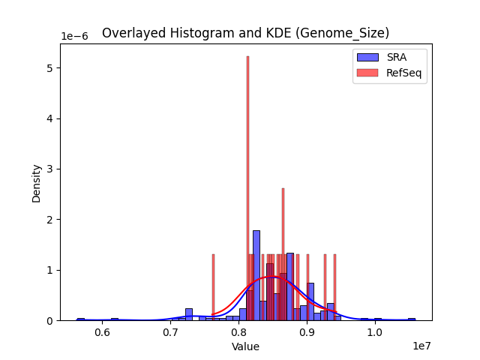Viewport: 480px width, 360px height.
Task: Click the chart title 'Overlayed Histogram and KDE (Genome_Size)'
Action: click(x=245, y=33)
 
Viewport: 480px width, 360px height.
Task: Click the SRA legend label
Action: click(x=396, y=57)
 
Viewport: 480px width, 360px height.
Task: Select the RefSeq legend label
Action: click(x=403, y=72)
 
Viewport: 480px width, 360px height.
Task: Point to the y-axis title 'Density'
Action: click(x=36, y=182)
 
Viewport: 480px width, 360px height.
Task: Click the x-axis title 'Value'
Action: click(x=245, y=346)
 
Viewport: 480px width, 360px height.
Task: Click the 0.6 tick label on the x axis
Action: click(x=103, y=331)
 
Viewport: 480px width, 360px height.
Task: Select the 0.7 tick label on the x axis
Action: click(x=170, y=331)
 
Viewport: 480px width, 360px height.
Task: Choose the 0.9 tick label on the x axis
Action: click(x=307, y=331)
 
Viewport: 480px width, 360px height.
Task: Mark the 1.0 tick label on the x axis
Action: click(x=375, y=331)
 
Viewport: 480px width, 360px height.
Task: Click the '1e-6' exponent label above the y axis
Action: click(x=74, y=36)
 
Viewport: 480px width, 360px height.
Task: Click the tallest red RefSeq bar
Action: click(x=247, y=187)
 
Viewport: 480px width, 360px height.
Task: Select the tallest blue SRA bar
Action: click(x=256, y=275)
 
